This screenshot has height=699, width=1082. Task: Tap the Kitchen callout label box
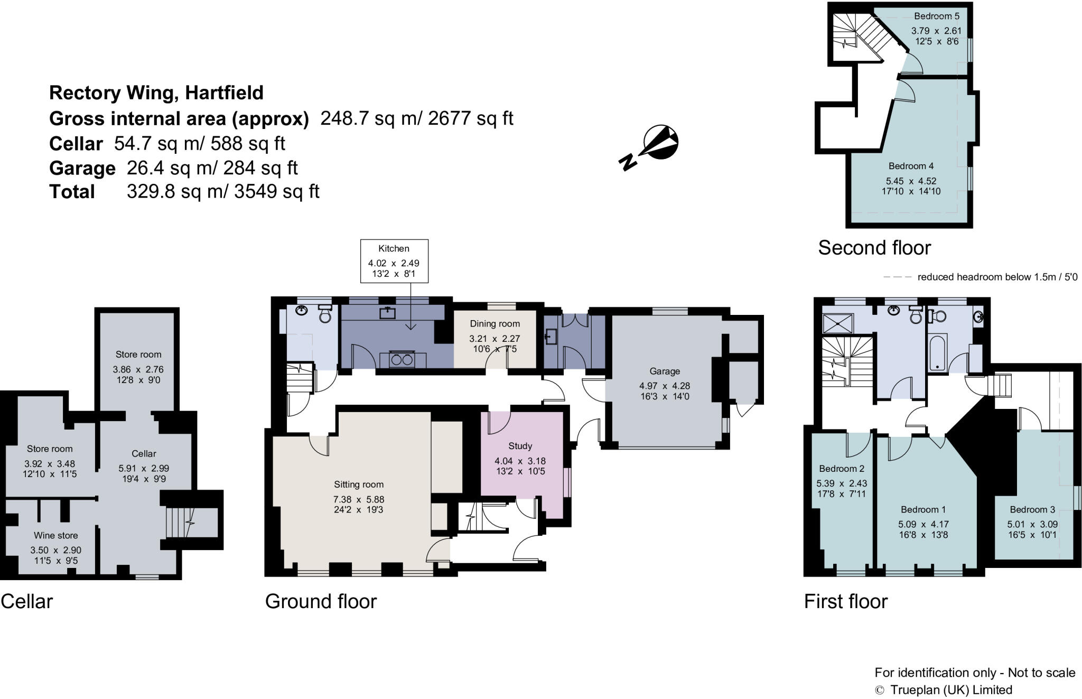click(x=394, y=261)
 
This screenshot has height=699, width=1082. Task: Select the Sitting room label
click(x=358, y=484)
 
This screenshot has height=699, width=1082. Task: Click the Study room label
click(x=520, y=446)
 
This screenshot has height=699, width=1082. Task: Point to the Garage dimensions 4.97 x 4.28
click(x=664, y=386)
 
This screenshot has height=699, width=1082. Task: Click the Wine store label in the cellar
click(x=56, y=535)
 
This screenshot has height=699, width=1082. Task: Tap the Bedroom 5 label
click(x=937, y=16)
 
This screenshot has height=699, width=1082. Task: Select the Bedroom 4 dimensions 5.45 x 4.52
click(x=911, y=181)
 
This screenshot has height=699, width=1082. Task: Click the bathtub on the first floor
click(x=938, y=351)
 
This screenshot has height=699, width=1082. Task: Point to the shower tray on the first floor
click(x=838, y=323)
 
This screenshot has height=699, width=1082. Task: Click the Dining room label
click(x=495, y=324)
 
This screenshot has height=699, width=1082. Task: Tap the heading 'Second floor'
click(x=874, y=248)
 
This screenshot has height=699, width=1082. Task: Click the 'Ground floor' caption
click(x=321, y=601)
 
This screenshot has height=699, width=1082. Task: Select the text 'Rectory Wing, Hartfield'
click(x=156, y=93)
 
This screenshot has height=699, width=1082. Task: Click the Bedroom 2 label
click(x=841, y=469)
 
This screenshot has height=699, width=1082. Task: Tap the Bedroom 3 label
click(x=1032, y=510)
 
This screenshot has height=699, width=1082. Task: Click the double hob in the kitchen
click(x=402, y=360)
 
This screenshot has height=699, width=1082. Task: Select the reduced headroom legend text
click(x=997, y=277)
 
